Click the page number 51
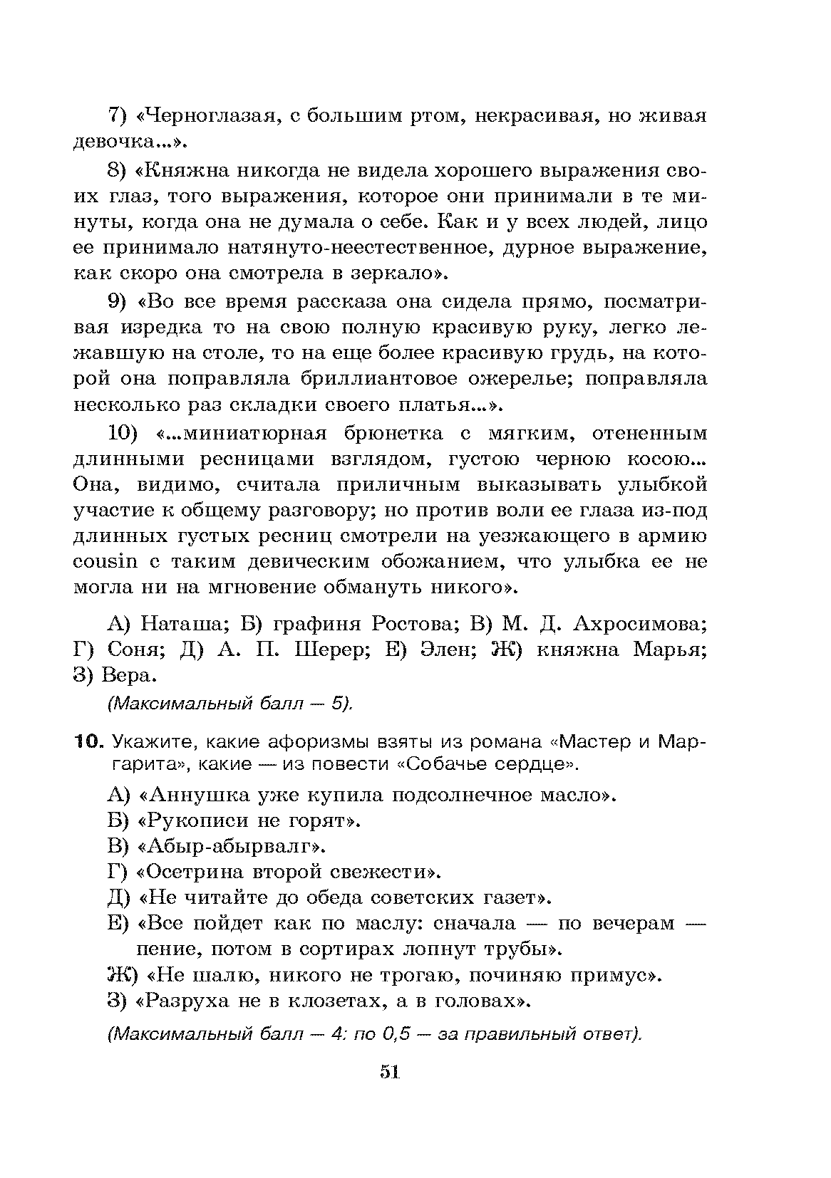[389, 1093]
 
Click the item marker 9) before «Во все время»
[116, 302]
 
